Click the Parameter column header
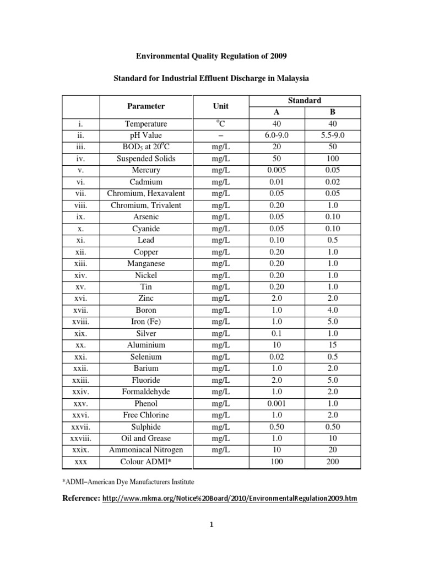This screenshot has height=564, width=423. tap(146, 106)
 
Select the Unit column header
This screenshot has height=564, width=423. tap(220, 106)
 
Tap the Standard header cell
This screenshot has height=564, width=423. tap(305, 100)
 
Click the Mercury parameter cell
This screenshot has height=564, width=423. tap(146, 170)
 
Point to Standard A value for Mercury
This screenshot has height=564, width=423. tap(277, 170)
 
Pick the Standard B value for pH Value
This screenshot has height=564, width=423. tap(333, 135)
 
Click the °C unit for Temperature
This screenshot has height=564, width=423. tap(220, 124)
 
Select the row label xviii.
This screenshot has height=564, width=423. tap(80, 322)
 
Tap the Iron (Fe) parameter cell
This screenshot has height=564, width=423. tap(146, 322)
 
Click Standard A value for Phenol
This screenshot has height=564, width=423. tap(277, 404)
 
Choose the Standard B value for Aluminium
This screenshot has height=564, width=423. tap(333, 345)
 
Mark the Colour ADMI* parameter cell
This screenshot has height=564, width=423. tap(146, 462)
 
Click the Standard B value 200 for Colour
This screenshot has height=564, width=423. tap(333, 462)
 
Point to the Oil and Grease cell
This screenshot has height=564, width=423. tap(146, 438)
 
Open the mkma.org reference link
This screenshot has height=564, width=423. tap(230, 498)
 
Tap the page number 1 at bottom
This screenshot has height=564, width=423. tap(211, 524)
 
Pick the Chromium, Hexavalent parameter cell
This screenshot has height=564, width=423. tap(146, 193)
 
